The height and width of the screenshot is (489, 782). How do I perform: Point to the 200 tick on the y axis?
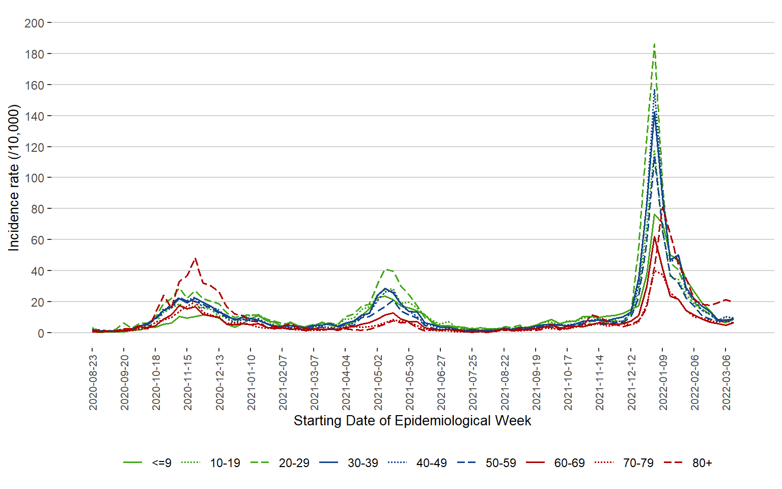[x=34, y=23]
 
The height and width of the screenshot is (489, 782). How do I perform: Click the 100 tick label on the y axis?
[x=34, y=178]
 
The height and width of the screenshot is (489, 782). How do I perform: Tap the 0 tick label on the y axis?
[x=41, y=333]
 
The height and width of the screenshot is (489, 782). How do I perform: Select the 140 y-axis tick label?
[x=34, y=116]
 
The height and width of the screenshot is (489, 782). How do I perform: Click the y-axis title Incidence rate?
[x=14, y=178]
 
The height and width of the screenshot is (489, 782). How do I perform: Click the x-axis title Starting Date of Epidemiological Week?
[x=412, y=421]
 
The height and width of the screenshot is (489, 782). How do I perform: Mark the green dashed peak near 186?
[x=654, y=44]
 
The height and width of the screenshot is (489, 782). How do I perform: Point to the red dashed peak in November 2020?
[x=195, y=258]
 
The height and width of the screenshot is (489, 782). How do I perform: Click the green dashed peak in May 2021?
[x=387, y=269]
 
